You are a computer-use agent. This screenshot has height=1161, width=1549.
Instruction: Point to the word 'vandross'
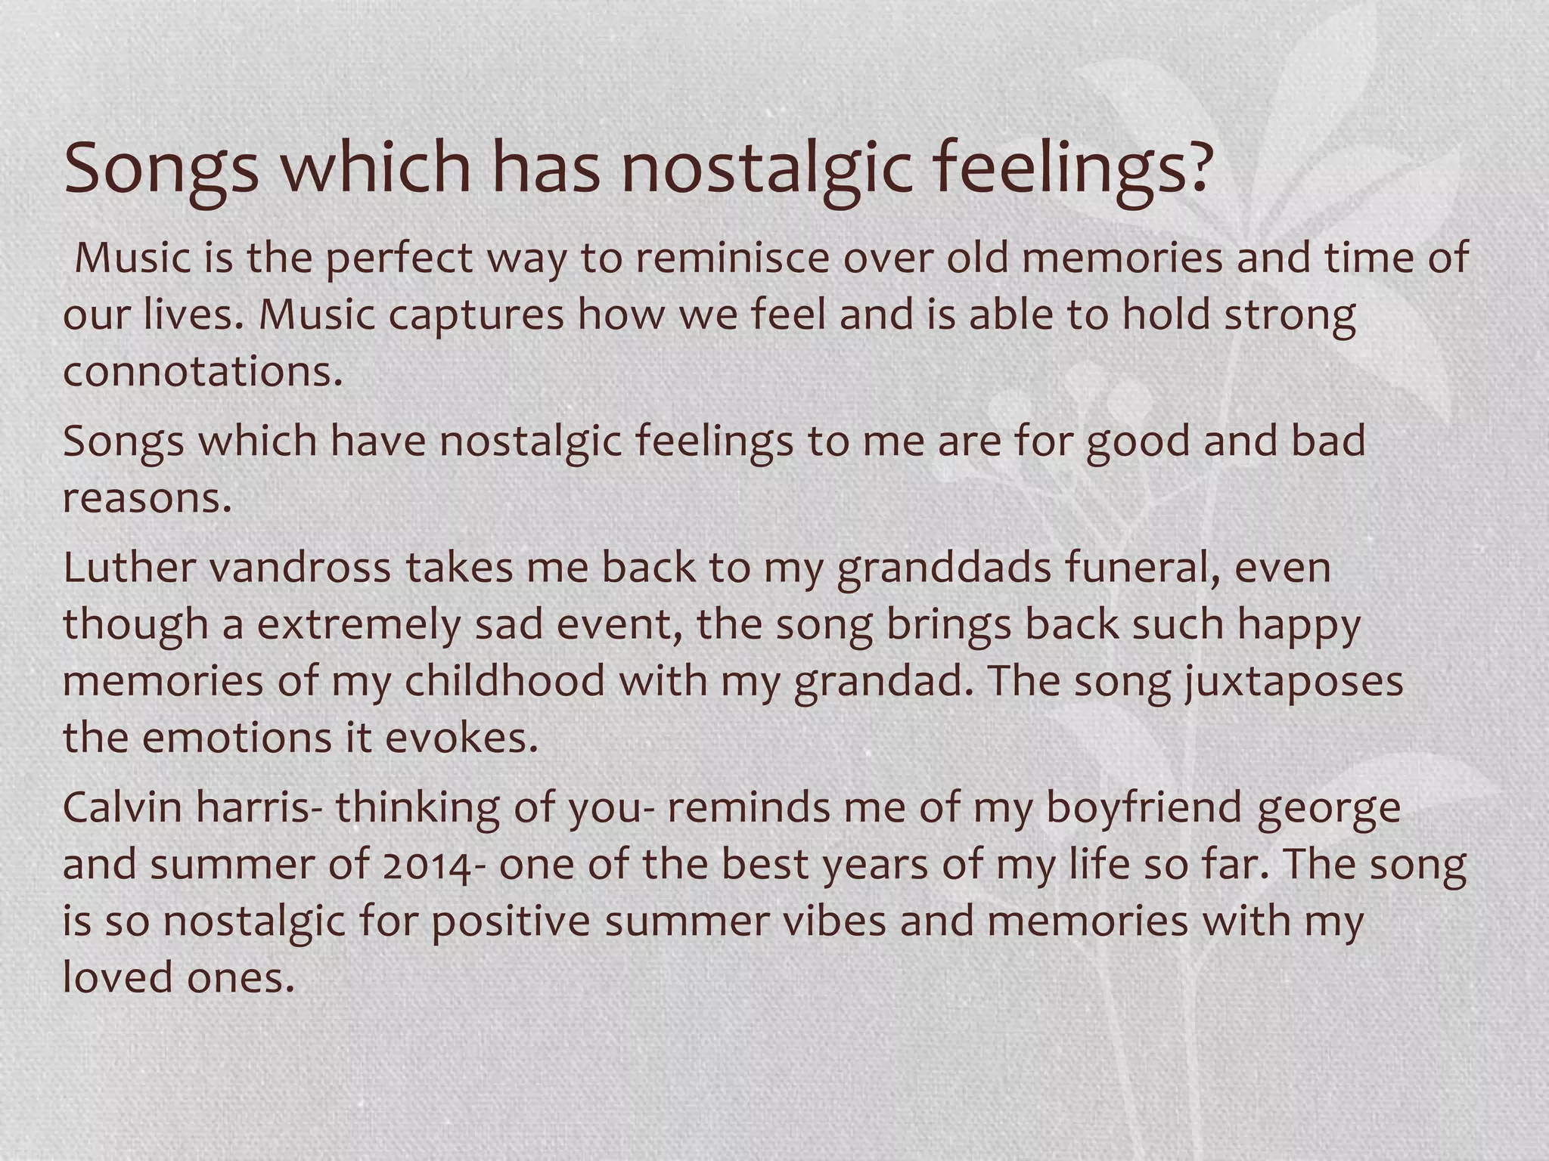[300, 568]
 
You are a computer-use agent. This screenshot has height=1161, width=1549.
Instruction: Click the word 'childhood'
[504, 681]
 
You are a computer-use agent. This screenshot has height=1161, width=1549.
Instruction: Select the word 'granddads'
[944, 569]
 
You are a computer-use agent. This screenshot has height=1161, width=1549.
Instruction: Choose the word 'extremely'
[359, 626]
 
